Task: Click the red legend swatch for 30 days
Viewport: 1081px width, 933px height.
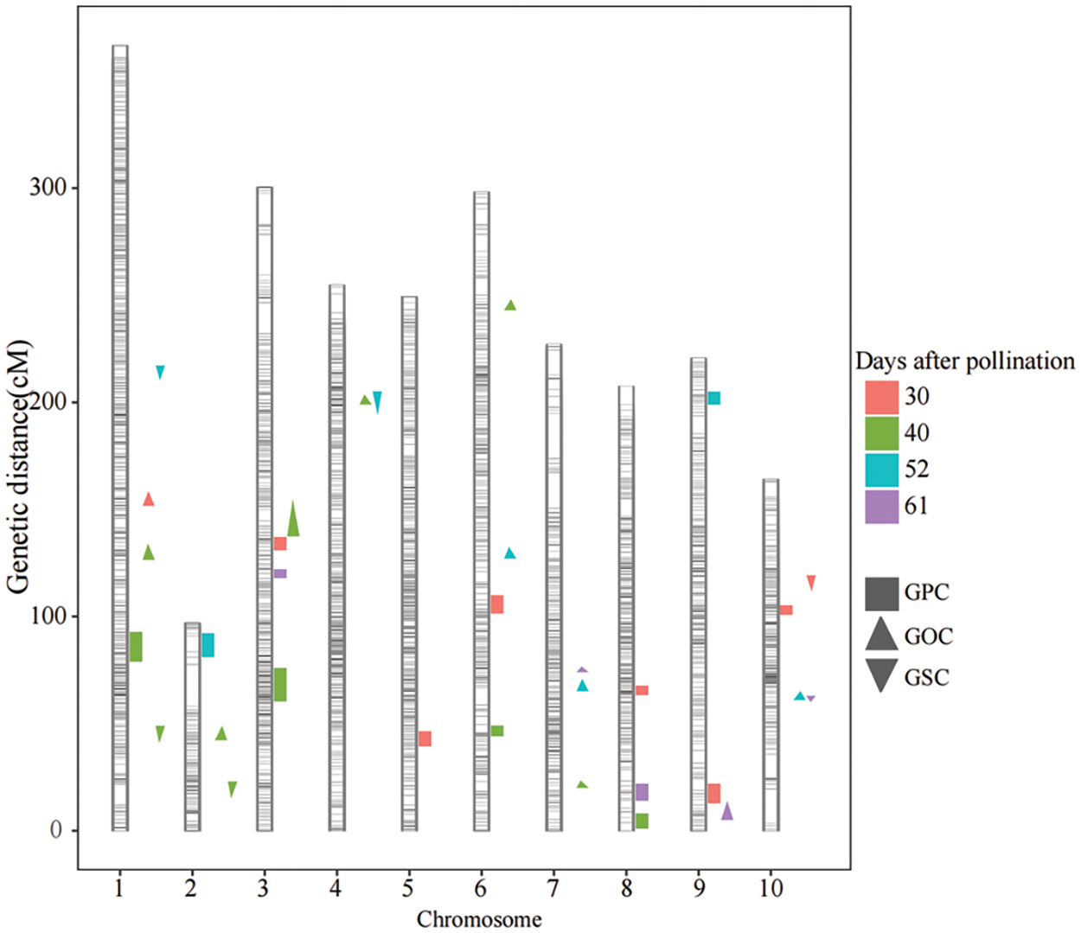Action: coord(881,397)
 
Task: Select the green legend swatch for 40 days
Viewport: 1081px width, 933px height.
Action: coord(881,433)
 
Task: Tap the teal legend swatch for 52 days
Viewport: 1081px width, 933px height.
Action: coord(881,470)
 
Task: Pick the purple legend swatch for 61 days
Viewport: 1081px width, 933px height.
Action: coord(881,506)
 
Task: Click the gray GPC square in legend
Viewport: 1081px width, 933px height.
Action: coord(881,593)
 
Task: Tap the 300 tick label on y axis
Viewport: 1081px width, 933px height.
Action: coord(47,188)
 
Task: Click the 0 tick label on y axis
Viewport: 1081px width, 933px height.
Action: coord(56,830)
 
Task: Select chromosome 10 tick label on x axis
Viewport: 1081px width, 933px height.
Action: coord(771,887)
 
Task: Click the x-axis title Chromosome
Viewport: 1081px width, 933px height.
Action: coord(479,919)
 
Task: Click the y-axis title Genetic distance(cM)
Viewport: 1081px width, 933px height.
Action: coord(19,467)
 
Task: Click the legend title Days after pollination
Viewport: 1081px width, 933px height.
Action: coord(965,361)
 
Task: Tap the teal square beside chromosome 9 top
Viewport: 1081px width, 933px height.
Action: coord(713,399)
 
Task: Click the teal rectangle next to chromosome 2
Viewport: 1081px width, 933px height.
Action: coord(208,645)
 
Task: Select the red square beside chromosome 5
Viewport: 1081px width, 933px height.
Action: coord(425,738)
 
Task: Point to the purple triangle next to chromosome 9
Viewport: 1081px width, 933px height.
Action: coord(727,812)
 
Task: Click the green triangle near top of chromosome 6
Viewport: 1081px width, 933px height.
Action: coord(510,305)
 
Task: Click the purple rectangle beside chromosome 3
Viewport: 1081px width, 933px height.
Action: coord(280,573)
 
